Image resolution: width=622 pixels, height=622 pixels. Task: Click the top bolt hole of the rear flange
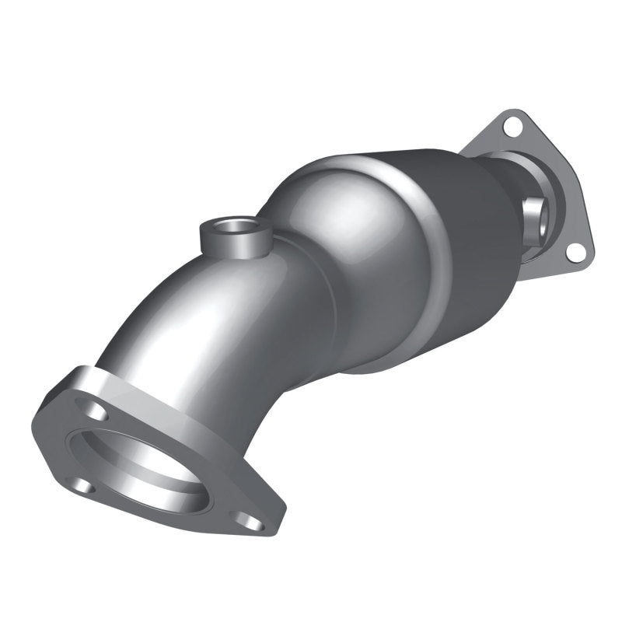pyautogui.click(x=511, y=124)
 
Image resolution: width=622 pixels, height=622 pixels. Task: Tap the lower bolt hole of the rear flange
pyautogui.click(x=574, y=251)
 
